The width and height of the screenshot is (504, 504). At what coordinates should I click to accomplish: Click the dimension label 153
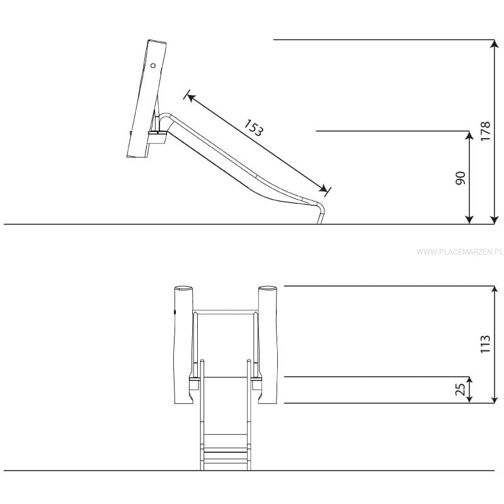[254, 128]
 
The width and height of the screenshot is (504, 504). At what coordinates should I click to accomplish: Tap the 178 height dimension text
[485, 131]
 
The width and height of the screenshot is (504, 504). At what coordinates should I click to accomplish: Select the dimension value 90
[461, 178]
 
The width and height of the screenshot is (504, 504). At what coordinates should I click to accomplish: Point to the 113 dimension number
[485, 344]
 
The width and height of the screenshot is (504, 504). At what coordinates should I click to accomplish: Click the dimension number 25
[461, 389]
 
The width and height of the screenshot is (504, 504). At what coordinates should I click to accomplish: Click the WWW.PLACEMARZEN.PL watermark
[460, 251]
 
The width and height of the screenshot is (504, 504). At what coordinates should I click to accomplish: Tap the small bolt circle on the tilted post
[153, 66]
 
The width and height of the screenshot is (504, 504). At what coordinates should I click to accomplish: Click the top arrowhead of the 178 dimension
[494, 43]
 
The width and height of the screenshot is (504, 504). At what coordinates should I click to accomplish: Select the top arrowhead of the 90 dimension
[469, 135]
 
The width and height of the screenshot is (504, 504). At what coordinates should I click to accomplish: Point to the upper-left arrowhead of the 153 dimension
[191, 97]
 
